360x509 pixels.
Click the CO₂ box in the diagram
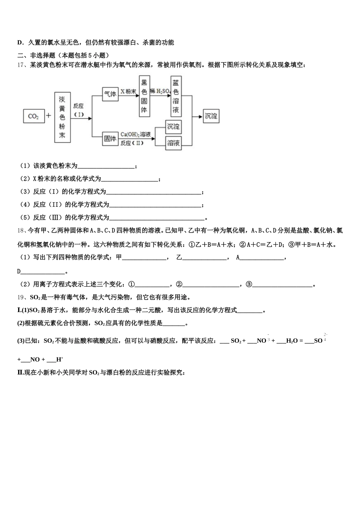[x=33, y=116]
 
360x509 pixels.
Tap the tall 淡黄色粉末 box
[x=62, y=117]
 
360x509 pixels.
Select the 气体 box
[x=110, y=94]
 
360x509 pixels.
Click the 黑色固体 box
[x=144, y=97]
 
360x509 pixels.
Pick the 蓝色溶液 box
[x=176, y=97]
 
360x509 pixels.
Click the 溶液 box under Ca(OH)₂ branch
[x=174, y=143]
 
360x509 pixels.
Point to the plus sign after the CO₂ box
[x=49, y=116]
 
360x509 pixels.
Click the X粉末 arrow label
[x=128, y=91]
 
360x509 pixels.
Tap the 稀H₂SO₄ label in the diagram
[x=160, y=91]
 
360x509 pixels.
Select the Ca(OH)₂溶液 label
[x=136, y=134]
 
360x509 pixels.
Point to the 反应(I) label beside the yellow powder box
[x=78, y=110]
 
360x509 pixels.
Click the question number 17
[x=21, y=65]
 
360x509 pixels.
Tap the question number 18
[x=21, y=231]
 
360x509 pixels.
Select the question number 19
[x=21, y=297]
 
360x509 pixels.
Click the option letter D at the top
[x=19, y=42]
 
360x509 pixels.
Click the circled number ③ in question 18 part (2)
[x=249, y=284]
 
